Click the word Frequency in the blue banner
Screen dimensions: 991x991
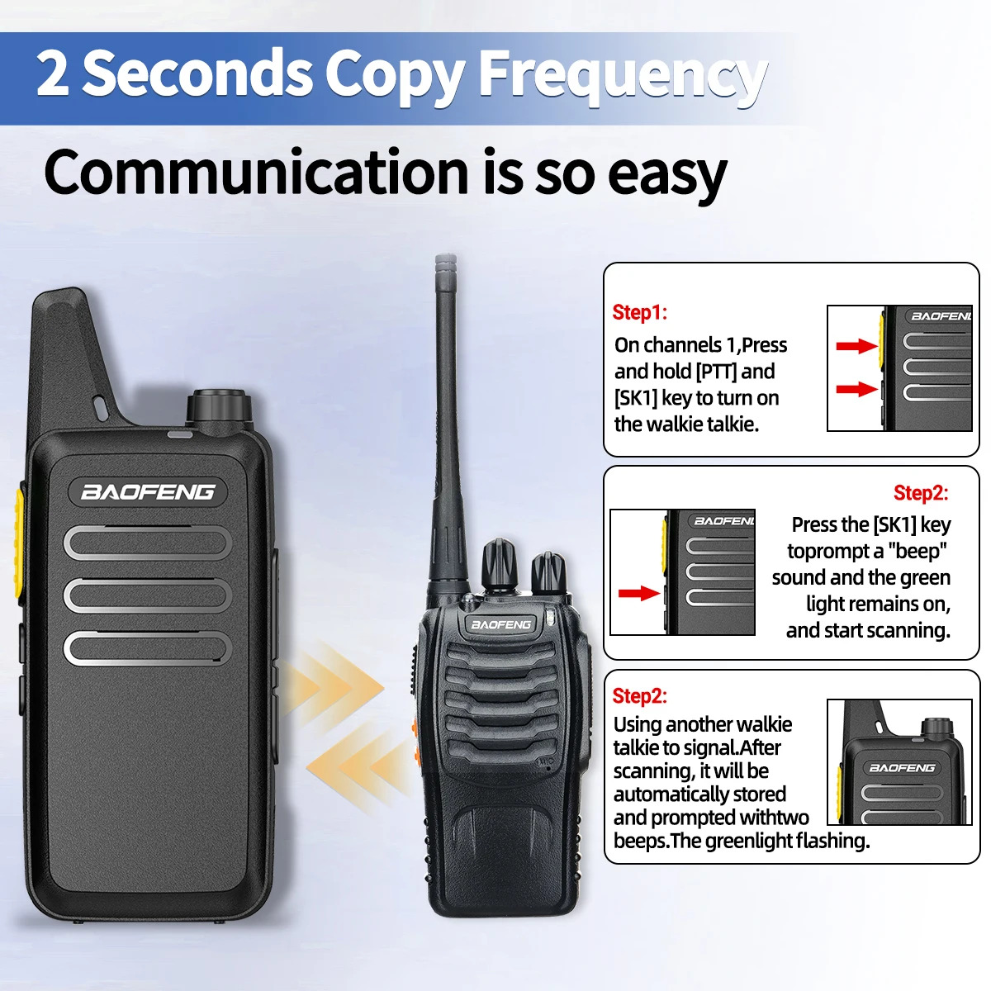coord(624,76)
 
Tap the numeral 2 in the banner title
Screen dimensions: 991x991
coord(53,73)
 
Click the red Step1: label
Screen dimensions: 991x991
coord(639,312)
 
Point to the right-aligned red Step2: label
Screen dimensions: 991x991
coord(921,493)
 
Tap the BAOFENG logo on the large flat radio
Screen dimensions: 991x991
coord(148,492)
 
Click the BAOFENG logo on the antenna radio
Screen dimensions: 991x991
coord(500,624)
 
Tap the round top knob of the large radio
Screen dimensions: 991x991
coord(219,406)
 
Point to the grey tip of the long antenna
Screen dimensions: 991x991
coord(445,267)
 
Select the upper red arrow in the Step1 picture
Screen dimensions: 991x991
coord(856,346)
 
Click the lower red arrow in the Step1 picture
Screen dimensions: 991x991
coord(856,389)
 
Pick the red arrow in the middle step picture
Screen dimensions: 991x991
coord(638,594)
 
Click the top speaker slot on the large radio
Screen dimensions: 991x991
coord(148,543)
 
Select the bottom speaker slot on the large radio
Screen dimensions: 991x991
coord(148,648)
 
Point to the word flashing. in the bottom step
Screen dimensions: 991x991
coord(833,842)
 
